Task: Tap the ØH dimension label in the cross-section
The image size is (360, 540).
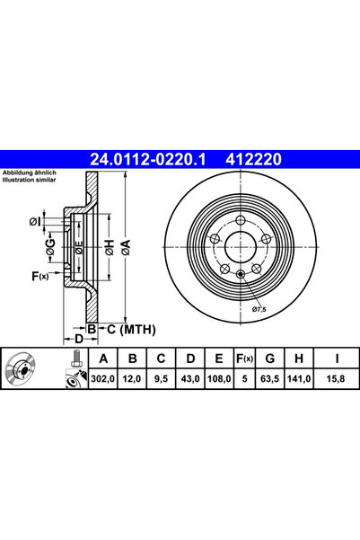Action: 107,249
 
